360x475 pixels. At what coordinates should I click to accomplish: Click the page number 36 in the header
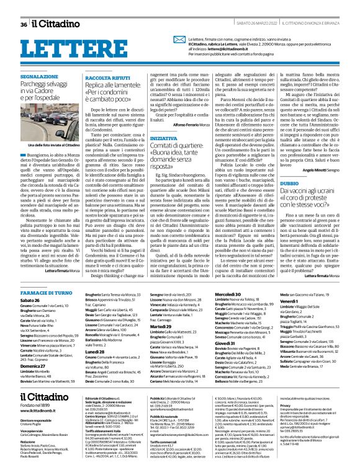pyautogui.click(x=24, y=7)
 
